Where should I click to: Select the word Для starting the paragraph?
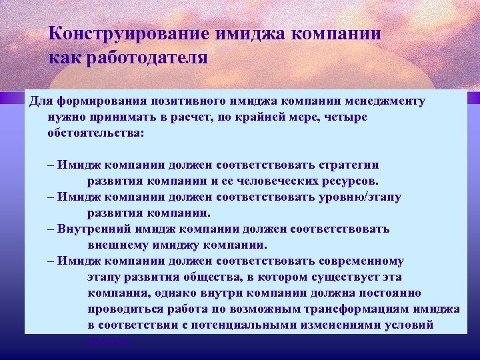pyautogui.click(x=41, y=101)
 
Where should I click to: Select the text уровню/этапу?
pyautogui.click(x=357, y=197)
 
